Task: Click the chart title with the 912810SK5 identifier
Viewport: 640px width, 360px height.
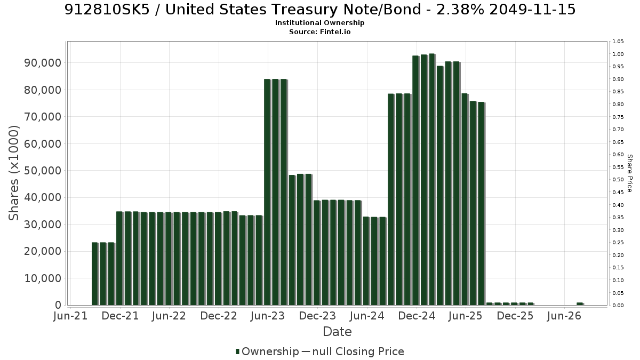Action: (x=320, y=10)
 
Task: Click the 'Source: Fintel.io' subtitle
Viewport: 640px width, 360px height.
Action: (x=319, y=31)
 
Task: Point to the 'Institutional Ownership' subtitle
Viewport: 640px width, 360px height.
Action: (x=319, y=23)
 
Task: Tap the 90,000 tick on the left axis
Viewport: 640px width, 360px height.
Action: (x=43, y=63)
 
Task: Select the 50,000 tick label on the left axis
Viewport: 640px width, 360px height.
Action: (x=43, y=171)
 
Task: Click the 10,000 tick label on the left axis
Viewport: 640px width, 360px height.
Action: (x=43, y=278)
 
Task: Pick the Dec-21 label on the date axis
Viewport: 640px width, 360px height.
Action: (x=121, y=316)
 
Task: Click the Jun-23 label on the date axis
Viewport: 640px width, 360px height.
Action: (x=268, y=316)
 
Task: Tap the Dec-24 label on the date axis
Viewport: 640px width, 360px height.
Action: (x=417, y=316)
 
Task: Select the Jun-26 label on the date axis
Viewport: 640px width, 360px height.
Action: (x=564, y=316)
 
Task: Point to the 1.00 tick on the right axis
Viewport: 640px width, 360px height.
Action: (x=618, y=54)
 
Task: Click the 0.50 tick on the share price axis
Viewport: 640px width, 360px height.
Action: (x=618, y=180)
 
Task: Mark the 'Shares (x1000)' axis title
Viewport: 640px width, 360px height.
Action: (x=14, y=173)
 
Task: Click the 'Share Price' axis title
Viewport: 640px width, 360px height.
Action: (x=630, y=173)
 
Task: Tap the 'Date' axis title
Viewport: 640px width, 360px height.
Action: (x=337, y=332)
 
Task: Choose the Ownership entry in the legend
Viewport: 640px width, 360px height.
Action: (x=267, y=351)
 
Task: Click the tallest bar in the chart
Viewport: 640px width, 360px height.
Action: (x=432, y=179)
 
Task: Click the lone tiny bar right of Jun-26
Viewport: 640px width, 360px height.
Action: (x=580, y=303)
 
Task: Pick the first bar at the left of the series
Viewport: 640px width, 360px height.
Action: (x=95, y=274)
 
